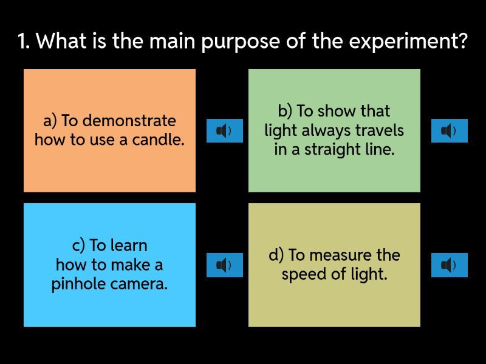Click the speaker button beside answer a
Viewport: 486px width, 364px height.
click(x=225, y=130)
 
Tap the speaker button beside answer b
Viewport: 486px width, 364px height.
click(x=450, y=130)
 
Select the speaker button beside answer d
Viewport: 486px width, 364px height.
click(x=450, y=265)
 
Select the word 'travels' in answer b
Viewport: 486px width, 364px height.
click(x=379, y=130)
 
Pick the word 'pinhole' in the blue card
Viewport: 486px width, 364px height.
click(x=79, y=284)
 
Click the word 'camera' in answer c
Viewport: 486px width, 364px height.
click(x=137, y=284)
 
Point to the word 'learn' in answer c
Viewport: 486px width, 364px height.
click(x=129, y=246)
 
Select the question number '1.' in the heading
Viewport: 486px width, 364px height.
click(x=24, y=41)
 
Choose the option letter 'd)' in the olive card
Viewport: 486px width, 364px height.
click(x=276, y=255)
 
